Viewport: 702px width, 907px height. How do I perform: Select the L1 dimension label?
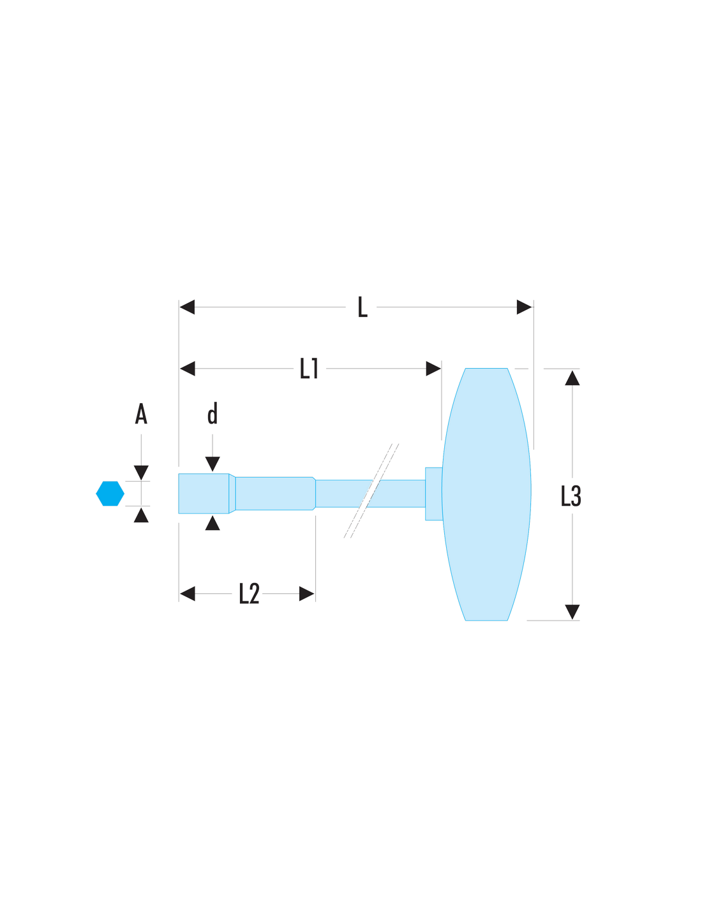click(309, 368)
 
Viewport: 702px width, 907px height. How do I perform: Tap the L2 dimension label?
click(249, 593)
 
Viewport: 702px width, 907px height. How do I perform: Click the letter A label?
click(141, 414)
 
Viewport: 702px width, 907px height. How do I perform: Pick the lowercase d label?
click(213, 413)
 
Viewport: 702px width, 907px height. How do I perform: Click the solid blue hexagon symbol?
click(110, 493)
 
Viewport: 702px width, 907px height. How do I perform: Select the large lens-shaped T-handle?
click(486, 494)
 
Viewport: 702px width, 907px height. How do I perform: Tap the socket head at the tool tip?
click(204, 493)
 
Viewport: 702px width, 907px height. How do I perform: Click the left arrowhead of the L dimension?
click(187, 307)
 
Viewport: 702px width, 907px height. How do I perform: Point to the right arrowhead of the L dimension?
click(524, 307)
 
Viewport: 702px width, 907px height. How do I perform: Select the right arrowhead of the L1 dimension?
click(433, 368)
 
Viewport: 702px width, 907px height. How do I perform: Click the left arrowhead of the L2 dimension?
click(187, 594)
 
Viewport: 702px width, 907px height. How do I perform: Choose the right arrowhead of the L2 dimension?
click(306, 594)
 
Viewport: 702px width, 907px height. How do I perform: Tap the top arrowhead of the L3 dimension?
click(572, 378)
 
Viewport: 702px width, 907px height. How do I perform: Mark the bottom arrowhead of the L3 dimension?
click(572, 612)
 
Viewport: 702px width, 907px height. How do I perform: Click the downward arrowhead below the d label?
click(213, 464)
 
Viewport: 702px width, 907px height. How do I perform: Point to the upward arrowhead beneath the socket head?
click(213, 522)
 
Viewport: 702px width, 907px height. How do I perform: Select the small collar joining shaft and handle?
click(434, 494)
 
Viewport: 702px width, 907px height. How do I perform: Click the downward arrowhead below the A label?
click(141, 473)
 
